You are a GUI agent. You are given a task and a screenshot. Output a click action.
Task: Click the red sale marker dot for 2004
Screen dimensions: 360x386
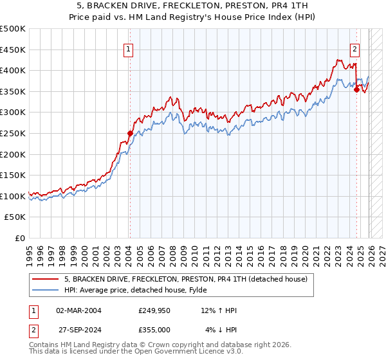tap(129, 134)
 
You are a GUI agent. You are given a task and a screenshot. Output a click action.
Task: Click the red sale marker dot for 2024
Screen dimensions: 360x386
tap(356, 89)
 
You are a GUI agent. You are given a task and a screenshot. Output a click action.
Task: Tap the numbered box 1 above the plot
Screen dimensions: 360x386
tap(129, 48)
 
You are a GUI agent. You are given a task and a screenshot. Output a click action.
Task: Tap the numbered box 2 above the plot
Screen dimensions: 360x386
tap(355, 48)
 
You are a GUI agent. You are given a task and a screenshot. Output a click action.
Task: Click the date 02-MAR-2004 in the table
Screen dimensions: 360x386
tap(78, 310)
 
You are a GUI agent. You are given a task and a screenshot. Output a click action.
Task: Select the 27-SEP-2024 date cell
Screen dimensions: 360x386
tap(78, 329)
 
